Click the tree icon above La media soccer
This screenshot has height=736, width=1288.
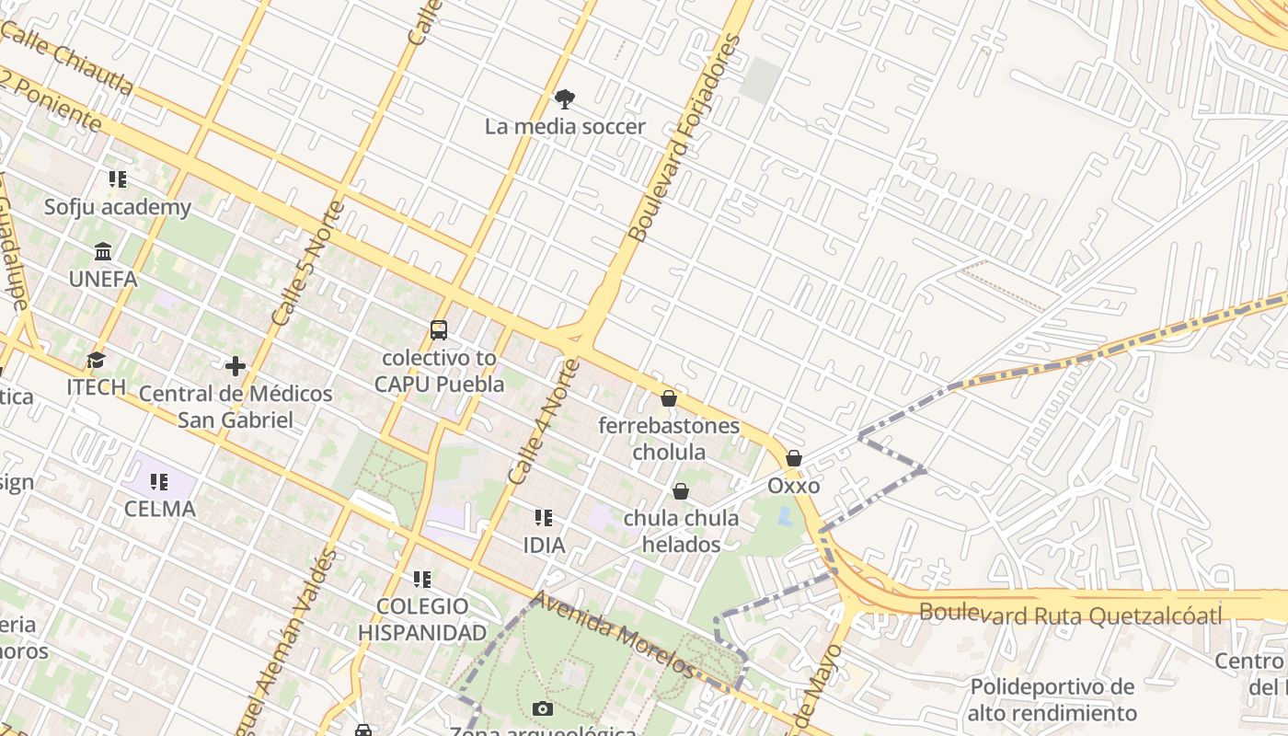tap(565, 98)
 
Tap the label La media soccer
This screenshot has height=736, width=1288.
tap(565, 127)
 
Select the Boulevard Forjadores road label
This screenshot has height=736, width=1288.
tap(684, 138)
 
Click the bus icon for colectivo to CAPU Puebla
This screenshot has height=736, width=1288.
tap(439, 330)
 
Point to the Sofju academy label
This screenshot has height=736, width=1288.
tap(118, 207)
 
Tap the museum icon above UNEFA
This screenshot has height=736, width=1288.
tap(103, 251)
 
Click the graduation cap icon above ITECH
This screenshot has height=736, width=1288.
tap(96, 360)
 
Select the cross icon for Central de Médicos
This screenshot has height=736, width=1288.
tap(236, 366)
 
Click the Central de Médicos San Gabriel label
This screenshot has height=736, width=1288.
tap(236, 407)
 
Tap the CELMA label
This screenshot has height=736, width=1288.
tap(160, 509)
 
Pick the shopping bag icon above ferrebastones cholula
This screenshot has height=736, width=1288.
tap(669, 398)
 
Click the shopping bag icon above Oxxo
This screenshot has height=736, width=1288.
tap(794, 458)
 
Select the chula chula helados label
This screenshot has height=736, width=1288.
tap(681, 531)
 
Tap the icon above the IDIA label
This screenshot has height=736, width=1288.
tap(544, 518)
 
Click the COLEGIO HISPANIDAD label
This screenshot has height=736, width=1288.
tap(422, 619)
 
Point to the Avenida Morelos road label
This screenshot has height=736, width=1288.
tap(611, 634)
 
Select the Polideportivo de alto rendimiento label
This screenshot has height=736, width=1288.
tap(1052, 699)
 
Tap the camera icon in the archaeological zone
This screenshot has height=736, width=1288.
tap(543, 708)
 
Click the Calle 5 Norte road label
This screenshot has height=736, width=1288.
tap(308, 263)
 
